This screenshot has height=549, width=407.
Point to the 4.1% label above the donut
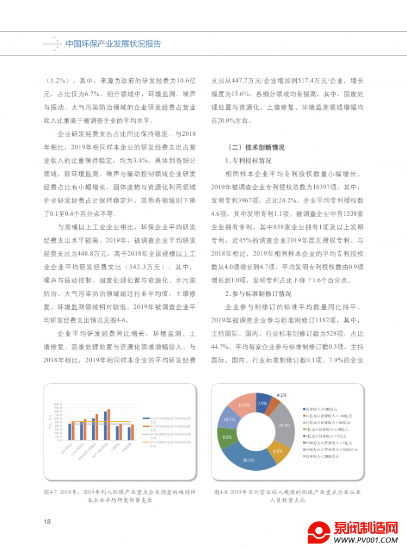click(x=281, y=395)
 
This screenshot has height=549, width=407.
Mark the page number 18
click(x=47, y=522)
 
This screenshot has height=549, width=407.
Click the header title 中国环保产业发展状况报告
click(x=113, y=44)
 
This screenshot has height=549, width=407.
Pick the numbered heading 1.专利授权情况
click(x=248, y=161)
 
